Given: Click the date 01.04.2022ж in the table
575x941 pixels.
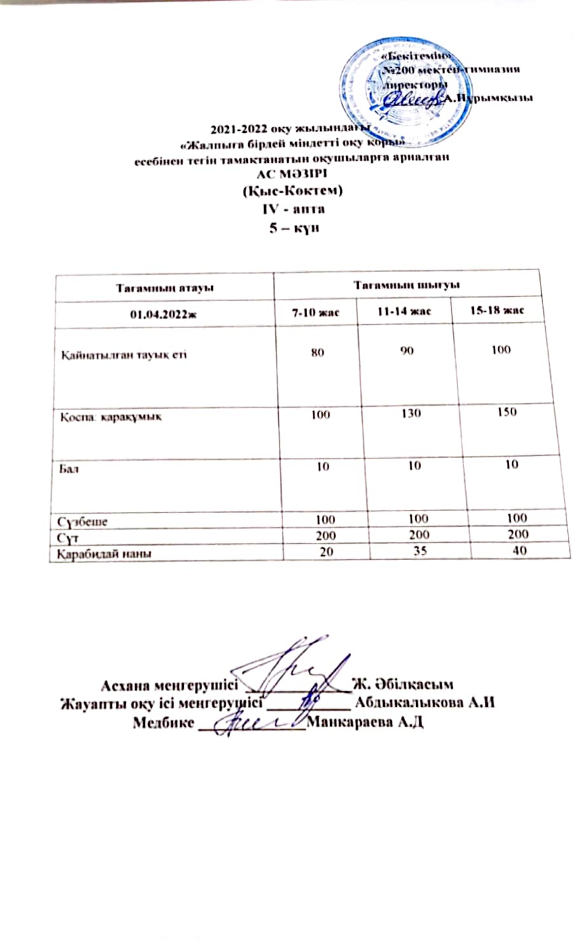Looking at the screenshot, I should pos(163,313).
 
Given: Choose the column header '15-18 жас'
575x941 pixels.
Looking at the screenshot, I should pos(499,311).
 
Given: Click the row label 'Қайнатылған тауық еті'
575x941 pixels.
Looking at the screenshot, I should pos(123,354).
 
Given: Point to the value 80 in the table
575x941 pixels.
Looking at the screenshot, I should pos(317,352).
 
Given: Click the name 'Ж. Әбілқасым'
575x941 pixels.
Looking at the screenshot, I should pos(402,685).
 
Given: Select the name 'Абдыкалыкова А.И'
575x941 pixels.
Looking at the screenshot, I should pos(426,703).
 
